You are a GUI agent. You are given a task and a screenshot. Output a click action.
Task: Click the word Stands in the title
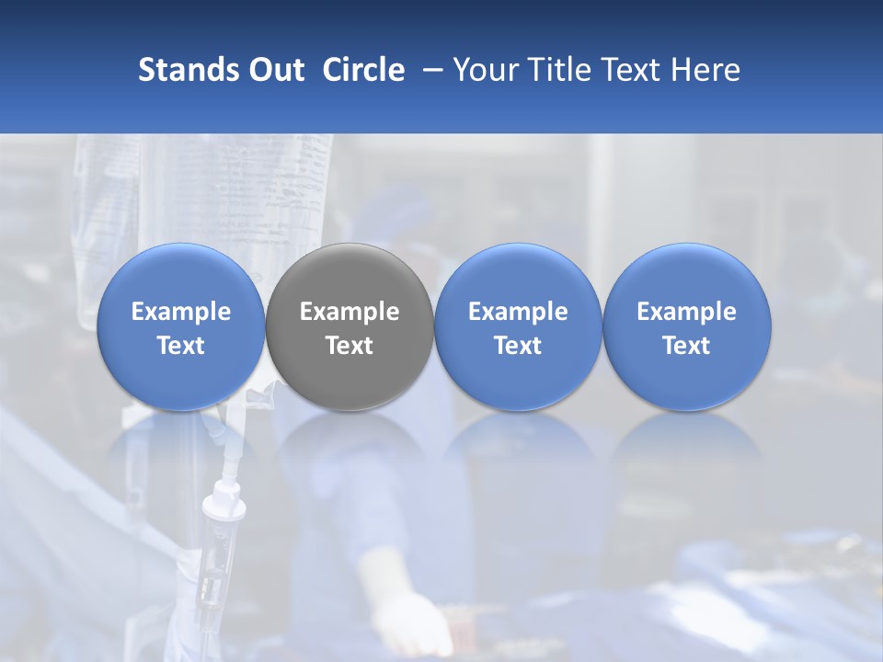click(179, 70)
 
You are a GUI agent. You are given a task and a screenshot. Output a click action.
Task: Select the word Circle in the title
click(363, 70)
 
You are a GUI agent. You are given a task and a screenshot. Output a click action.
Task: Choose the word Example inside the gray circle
click(350, 312)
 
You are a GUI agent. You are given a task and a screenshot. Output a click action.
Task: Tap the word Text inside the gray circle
click(350, 346)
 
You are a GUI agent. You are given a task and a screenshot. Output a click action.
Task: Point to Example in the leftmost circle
click(181, 312)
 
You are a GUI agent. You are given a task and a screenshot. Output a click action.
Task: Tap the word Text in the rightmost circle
click(686, 346)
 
